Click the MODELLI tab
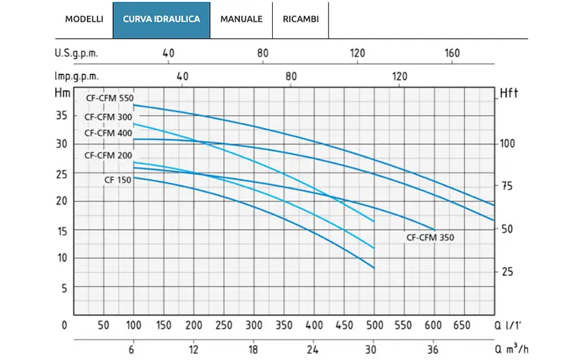point(84,19)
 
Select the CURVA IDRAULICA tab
point(161,20)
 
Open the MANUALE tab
point(241,19)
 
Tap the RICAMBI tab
point(300,19)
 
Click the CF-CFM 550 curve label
point(110,98)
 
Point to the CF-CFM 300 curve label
point(108,117)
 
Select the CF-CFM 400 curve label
point(108,133)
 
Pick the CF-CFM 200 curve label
point(108,156)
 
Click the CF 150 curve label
point(117,180)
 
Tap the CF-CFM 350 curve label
point(430,238)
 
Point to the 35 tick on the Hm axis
point(62,116)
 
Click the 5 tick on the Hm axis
point(64,289)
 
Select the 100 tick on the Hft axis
point(507,143)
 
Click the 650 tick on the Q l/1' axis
point(462,325)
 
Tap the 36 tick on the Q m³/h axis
point(433,349)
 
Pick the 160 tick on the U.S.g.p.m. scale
point(452,53)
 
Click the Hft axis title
point(509,94)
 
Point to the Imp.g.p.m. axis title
point(77,76)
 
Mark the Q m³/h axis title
point(512,348)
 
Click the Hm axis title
point(63,93)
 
